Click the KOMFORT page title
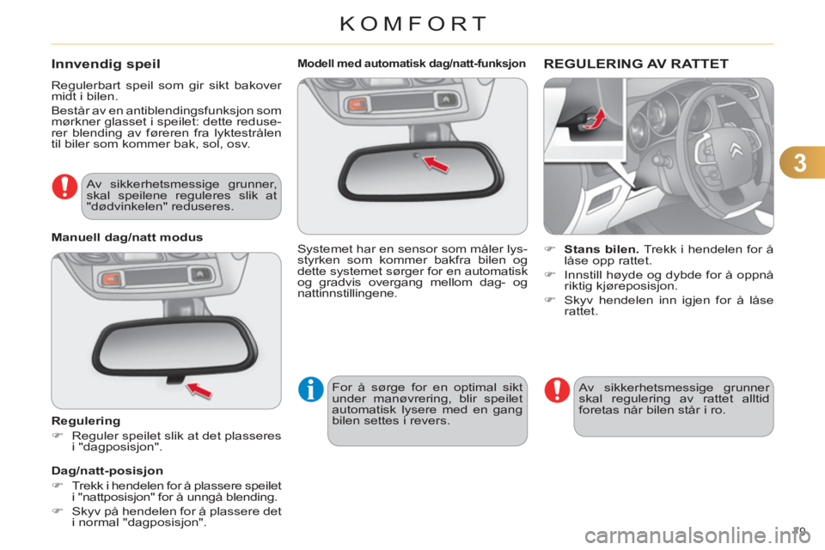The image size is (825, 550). coord(413,24)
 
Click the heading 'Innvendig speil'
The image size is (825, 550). coord(106,64)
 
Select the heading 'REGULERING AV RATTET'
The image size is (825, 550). coord(636,64)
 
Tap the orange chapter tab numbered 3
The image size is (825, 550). coord(802,162)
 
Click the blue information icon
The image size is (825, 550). coord(311,389)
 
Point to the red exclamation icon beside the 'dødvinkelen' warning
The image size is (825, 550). coord(64,186)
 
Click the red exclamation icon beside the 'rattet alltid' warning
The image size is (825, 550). coord(557,390)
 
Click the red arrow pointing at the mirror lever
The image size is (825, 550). coord(199,390)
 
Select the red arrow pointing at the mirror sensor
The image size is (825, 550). coord(436,163)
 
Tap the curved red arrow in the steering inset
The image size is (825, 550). coord(595,119)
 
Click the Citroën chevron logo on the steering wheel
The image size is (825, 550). coord(736,150)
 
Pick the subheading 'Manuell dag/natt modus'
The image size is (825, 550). coord(127,237)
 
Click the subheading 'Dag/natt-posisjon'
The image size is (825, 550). coord(107,471)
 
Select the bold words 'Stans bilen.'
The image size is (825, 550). coord(602,249)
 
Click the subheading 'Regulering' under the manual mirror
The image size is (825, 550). coord(86,421)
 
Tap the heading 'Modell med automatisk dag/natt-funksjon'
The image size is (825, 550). coord(412,64)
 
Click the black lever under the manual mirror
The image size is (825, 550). coord(175,379)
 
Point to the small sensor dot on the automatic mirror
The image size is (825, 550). coord(416,156)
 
